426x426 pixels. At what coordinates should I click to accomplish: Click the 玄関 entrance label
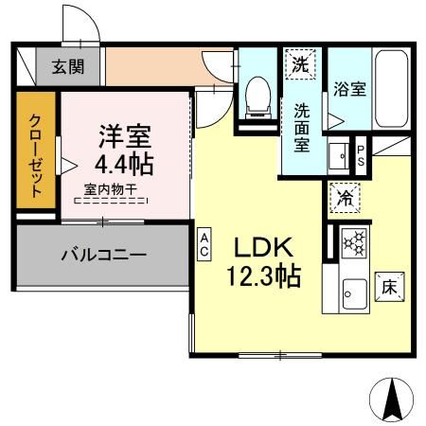click(65, 66)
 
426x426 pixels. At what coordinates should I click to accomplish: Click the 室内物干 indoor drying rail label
click(111, 188)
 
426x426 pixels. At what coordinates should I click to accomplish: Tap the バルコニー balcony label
click(104, 255)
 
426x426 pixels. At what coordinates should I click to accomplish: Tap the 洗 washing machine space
click(299, 65)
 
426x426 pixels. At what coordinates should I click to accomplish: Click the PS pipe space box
click(361, 153)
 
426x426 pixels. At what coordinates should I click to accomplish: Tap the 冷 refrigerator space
click(344, 199)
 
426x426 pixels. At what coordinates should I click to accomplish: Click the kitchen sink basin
click(355, 293)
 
